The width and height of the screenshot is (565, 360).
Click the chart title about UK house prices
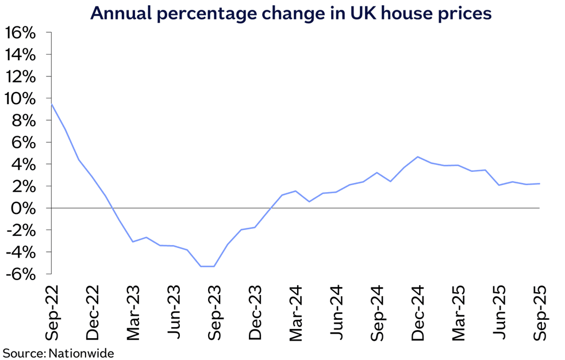tap(291, 13)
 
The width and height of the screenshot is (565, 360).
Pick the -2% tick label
tap(21, 230)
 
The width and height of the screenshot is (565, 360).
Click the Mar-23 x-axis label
tap(133, 313)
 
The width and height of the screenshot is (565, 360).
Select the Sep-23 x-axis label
tap(214, 313)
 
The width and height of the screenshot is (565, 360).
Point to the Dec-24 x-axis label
tap(418, 313)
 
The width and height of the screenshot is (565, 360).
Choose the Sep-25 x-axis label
tap(540, 313)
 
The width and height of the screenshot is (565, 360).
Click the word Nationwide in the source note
tap(81, 353)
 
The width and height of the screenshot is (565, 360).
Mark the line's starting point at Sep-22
tap(52, 104)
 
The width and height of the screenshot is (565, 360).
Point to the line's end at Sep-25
tap(539, 183)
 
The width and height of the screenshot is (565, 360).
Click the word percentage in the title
tap(202, 13)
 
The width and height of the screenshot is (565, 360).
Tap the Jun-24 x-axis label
tap(336, 313)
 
